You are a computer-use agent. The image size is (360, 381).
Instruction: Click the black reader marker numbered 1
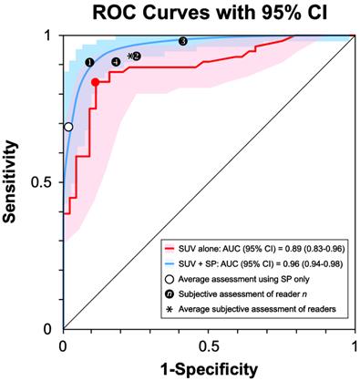[88, 62]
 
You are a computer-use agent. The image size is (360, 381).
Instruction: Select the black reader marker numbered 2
[137, 57]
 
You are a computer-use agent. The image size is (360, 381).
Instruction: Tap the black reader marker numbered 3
[183, 41]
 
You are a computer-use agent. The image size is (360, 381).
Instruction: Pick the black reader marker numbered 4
[115, 62]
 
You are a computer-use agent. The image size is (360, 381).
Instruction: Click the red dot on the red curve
[95, 82]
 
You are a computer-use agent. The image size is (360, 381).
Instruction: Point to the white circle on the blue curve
[68, 127]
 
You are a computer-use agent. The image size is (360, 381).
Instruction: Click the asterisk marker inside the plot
[130, 57]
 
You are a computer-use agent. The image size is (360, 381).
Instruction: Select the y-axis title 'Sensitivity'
[12, 182]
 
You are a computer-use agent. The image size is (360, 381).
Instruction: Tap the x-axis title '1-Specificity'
[209, 368]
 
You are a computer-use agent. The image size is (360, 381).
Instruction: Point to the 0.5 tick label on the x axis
[209, 347]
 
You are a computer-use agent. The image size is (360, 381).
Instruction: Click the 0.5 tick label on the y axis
[43, 182]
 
